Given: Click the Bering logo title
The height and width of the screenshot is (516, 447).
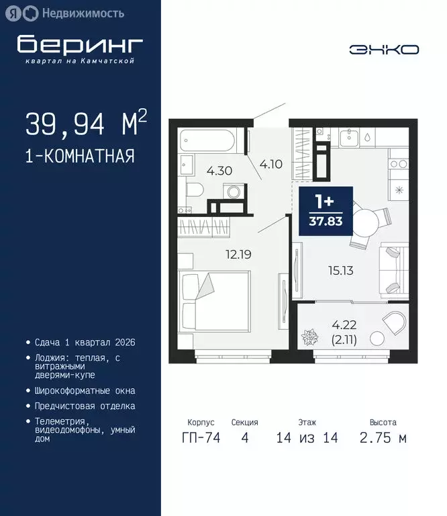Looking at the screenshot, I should (80, 44).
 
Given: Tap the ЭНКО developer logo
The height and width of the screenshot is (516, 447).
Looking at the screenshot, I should (384, 50).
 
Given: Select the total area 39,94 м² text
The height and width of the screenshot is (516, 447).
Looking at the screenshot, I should (86, 124).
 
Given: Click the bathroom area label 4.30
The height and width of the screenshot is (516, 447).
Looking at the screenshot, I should (219, 171).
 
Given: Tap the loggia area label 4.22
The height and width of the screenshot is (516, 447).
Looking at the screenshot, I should (344, 325).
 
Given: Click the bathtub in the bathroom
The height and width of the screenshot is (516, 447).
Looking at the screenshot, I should (207, 142).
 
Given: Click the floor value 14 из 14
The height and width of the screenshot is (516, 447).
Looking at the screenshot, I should (307, 438).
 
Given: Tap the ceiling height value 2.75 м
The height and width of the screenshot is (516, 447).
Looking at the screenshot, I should (383, 438).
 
